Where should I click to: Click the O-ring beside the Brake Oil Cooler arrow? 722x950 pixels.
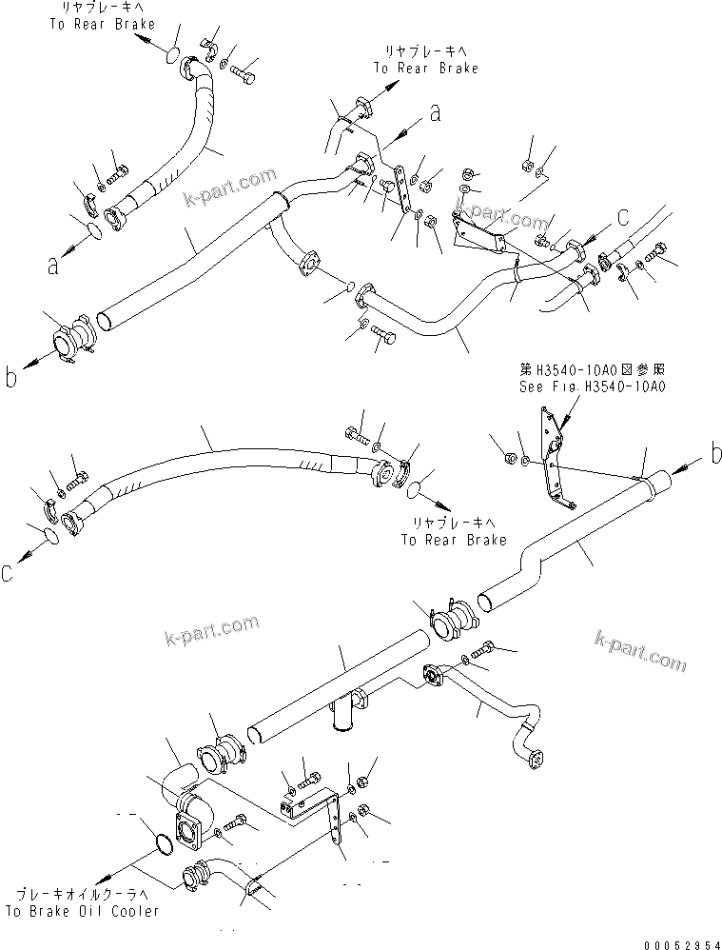pos(163,843)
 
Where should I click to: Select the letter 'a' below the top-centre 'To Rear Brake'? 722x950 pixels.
pos(435,113)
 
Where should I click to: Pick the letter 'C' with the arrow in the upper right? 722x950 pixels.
pos(622,218)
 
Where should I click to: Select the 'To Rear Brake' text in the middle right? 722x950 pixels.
pos(448,540)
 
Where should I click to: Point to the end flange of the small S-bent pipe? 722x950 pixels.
pos(534,758)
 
